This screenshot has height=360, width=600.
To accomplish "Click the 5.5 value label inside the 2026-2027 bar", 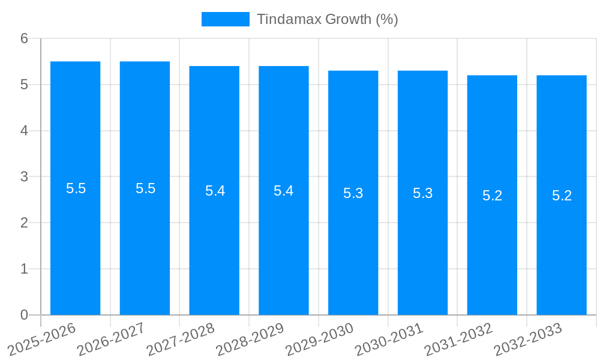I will coord(145,188).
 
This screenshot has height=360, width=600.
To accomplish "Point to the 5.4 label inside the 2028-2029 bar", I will coord(283,191).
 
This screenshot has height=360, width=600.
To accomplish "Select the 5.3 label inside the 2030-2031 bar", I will coord(422,193).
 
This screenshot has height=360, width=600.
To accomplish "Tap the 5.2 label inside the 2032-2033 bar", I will coord(562,196).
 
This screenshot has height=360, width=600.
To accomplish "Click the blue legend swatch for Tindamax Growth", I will coord(225,19).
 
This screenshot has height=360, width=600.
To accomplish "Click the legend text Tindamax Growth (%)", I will coord(327,19).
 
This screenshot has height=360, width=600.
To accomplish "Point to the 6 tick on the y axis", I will coord(24,38).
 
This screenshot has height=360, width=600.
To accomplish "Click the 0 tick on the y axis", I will coord(24,315).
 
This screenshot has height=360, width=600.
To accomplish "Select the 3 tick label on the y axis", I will coord(24,177).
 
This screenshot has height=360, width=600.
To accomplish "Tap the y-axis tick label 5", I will coord(24,85).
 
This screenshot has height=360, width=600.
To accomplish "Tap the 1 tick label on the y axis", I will coord(24,269).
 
